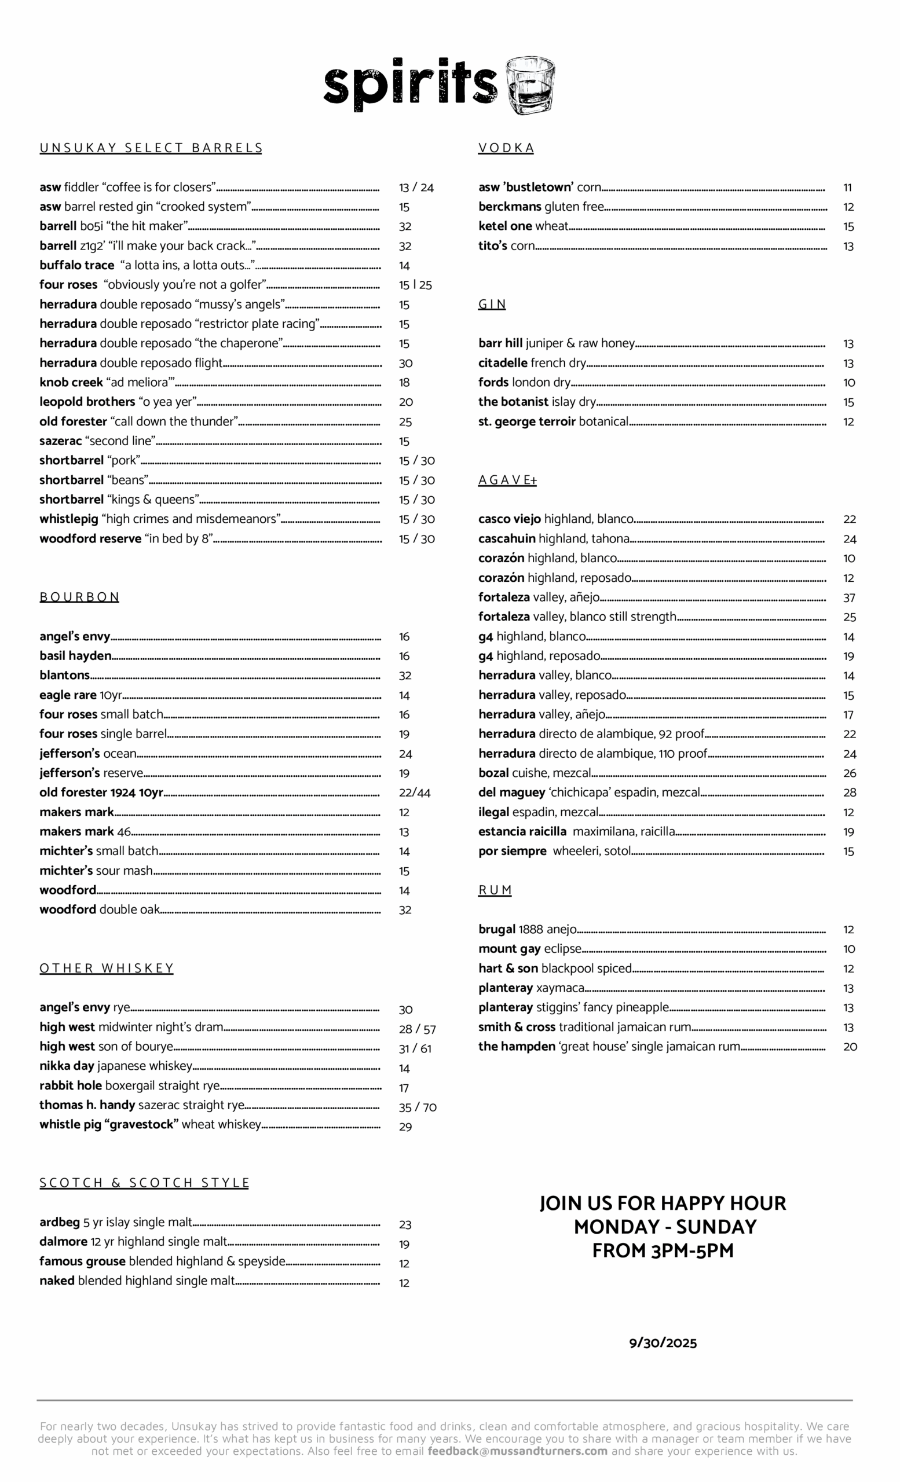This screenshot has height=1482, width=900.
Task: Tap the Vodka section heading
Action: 506,148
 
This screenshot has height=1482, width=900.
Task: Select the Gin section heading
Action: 492,305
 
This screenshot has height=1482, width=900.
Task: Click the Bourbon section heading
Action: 79,597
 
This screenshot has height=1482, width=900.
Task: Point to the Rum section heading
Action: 495,890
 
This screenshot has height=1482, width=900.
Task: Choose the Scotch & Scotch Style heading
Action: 144,1183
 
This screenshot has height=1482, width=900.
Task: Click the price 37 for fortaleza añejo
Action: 849,598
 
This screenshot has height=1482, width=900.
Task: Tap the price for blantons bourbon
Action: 405,676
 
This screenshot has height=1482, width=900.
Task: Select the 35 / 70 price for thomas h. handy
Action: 418,1107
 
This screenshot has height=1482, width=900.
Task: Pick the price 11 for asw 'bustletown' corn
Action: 847,188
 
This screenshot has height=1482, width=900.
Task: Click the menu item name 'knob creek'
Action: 71,383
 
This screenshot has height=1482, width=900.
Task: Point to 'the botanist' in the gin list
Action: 513,402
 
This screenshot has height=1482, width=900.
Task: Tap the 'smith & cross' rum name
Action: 517,1028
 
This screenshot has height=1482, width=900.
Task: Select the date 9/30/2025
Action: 663,1343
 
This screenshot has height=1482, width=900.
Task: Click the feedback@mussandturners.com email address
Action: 517,1451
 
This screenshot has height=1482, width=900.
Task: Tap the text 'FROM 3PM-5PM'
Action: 663,1250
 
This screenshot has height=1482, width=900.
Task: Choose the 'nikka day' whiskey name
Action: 67,1066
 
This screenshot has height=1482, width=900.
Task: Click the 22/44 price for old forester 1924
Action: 415,793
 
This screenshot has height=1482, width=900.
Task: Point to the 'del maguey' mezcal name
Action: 511,793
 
